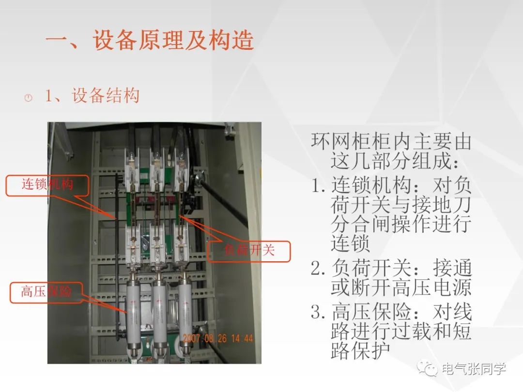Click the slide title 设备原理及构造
point(173,40)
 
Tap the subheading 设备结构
point(106,96)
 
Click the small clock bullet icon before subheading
point(29,98)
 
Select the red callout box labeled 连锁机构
point(47,185)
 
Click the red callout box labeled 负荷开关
point(249,251)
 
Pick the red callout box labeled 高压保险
point(46,292)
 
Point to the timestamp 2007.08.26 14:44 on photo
point(218,338)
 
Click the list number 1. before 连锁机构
point(318,185)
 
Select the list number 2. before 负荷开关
point(318,268)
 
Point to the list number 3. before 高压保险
point(318,312)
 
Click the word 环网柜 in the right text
point(341,141)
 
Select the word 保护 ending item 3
point(371,351)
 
